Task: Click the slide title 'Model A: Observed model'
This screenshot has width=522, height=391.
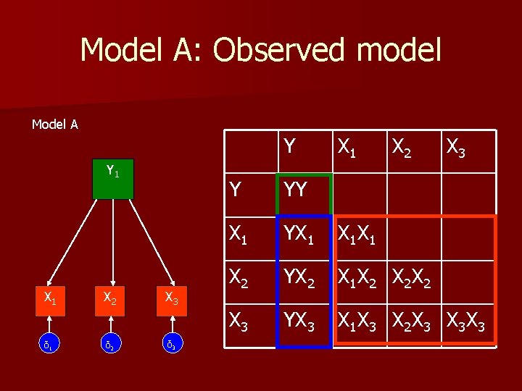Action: pyautogui.click(x=260, y=50)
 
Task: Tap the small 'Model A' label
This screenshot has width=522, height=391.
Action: pyautogui.click(x=55, y=125)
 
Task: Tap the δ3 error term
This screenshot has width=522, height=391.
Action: pyautogui.click(x=170, y=344)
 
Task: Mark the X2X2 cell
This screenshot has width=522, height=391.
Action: pyautogui.click(x=413, y=277)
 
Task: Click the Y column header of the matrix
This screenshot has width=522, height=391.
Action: pyautogui.click(x=290, y=147)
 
